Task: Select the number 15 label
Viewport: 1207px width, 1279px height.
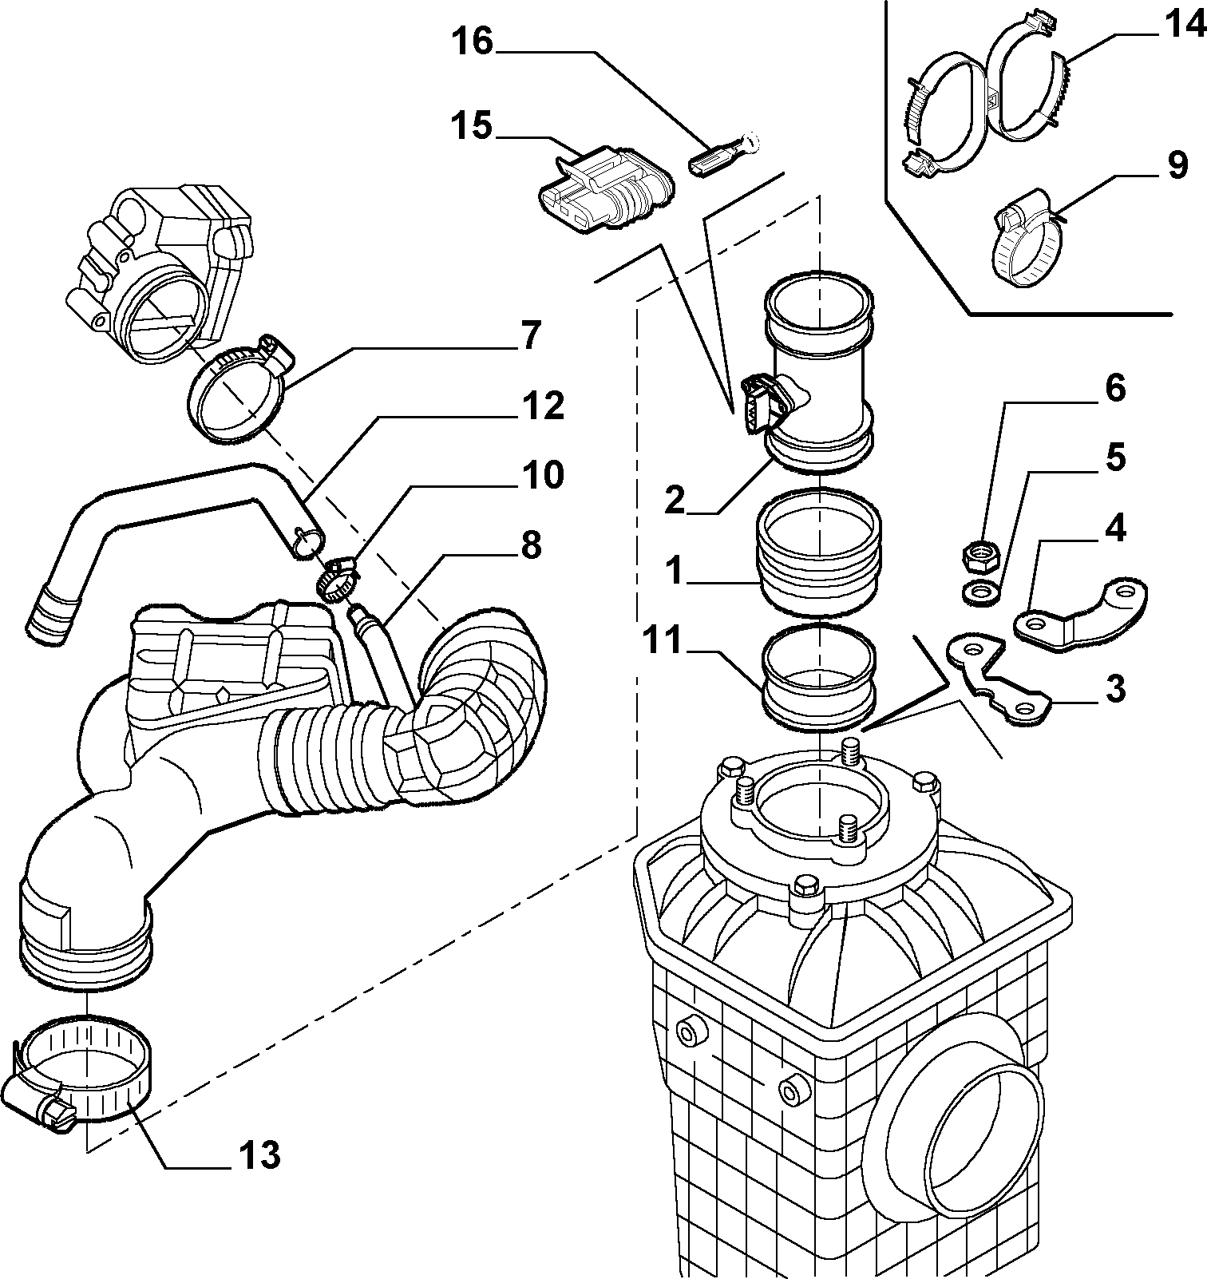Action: point(473,126)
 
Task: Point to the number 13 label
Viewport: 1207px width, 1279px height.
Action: point(259,1154)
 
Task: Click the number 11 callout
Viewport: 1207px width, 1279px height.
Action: point(663,640)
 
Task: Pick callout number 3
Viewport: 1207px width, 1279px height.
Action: point(1114,688)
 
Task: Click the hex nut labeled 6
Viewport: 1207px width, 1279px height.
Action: point(978,555)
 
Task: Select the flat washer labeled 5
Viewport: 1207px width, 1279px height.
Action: point(981,592)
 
